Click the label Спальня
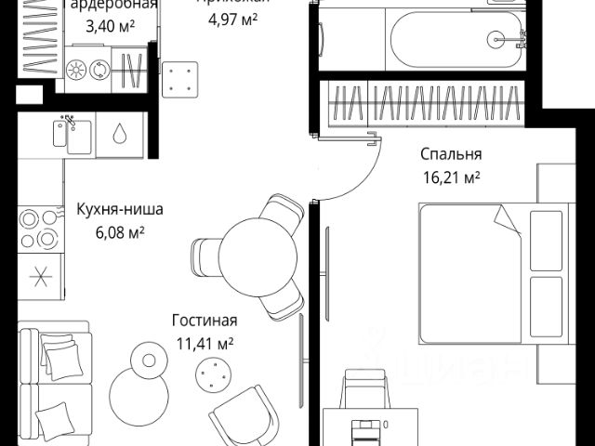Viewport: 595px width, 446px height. tap(451, 155)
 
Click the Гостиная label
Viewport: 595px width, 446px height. tap(205, 321)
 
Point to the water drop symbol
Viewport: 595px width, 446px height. tap(120, 135)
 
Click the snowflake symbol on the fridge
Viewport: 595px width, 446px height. tap(39, 275)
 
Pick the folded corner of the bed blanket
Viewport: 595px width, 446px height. tap(508, 220)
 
